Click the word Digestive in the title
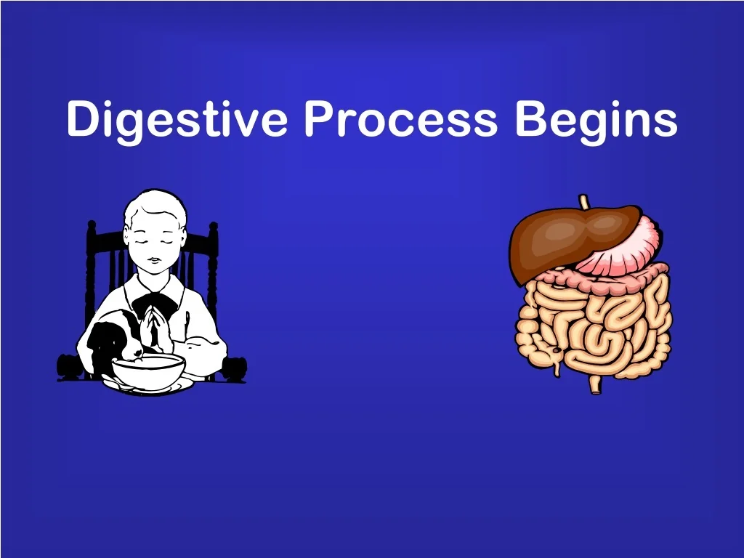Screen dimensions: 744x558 point(177,121)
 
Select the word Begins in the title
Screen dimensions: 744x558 point(597,121)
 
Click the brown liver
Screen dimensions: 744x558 point(570,240)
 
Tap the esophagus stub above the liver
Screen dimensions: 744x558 point(584,202)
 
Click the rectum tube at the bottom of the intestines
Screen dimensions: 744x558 point(594,384)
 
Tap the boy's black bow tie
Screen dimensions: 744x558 point(153,304)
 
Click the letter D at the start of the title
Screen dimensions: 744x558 point(86,118)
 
